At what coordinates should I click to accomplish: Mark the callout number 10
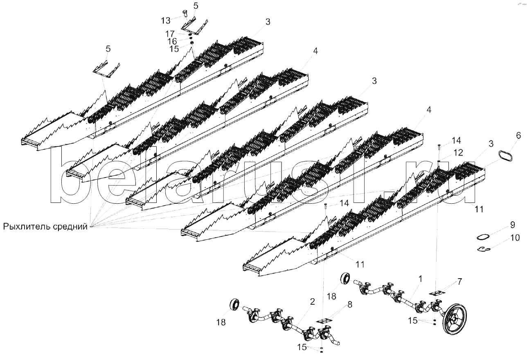pyautogui.click(x=514, y=237)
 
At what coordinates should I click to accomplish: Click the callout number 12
pyautogui.click(x=458, y=152)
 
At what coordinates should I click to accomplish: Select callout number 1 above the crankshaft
pyautogui.click(x=420, y=279)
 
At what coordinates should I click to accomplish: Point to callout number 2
pyautogui.click(x=312, y=302)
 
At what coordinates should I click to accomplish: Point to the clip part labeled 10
pyautogui.click(x=486, y=249)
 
